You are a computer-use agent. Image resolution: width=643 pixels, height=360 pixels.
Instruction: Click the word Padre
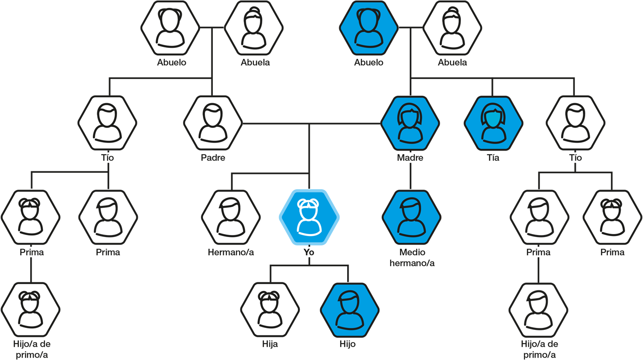tap(213, 158)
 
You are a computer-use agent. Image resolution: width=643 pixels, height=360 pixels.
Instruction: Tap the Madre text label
tap(410, 158)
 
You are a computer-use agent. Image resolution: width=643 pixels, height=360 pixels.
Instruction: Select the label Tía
tap(493, 158)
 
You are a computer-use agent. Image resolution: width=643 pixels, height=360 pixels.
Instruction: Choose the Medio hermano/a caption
tap(412, 257)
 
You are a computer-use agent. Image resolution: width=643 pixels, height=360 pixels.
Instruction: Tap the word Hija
tap(270, 344)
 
